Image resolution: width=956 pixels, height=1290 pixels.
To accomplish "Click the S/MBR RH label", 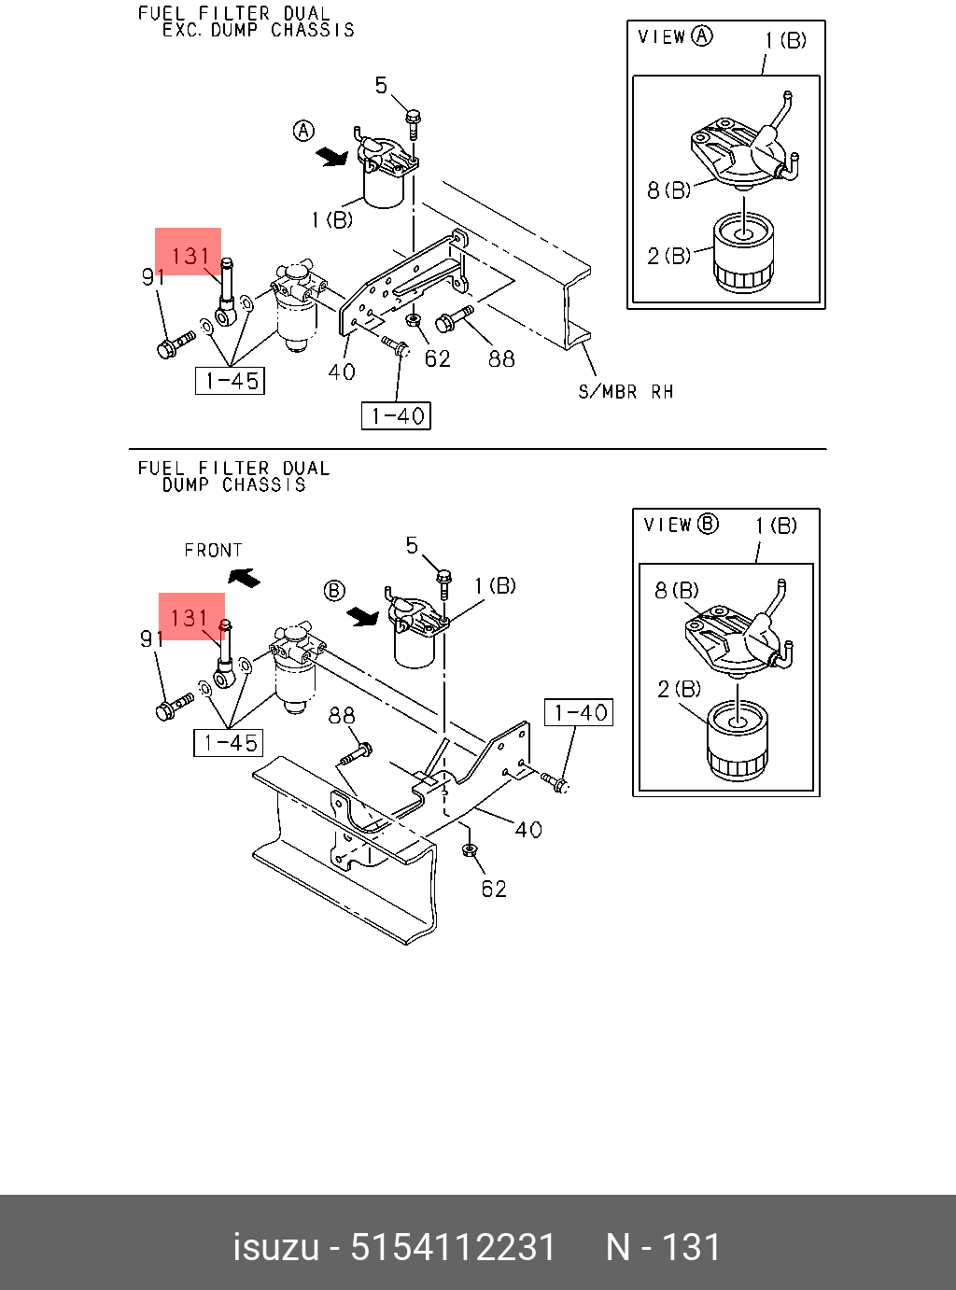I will (x=626, y=392).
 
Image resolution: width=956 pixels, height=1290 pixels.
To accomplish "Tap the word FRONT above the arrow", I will (x=213, y=551).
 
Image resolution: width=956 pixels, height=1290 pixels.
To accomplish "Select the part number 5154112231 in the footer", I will (x=453, y=1247).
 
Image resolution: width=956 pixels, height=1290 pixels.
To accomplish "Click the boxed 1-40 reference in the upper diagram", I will (x=396, y=416).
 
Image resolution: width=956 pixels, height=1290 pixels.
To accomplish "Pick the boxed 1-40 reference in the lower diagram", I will (x=579, y=713).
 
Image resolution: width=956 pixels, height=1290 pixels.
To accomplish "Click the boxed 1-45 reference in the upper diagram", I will (x=230, y=381).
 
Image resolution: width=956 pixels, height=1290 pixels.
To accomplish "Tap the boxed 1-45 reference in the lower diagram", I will (x=229, y=743).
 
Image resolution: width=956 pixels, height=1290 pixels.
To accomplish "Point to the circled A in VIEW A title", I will (x=702, y=36).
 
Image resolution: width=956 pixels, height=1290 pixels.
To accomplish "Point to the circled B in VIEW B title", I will (x=709, y=524).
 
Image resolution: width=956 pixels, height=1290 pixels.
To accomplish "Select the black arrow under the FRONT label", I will (x=245, y=578).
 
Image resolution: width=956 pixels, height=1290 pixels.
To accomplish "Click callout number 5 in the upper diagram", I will (x=381, y=86).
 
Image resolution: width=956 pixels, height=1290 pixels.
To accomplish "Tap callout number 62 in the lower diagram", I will (x=494, y=889).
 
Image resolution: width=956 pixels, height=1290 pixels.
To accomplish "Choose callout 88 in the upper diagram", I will (x=501, y=358).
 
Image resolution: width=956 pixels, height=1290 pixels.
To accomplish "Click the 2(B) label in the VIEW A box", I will (x=668, y=256).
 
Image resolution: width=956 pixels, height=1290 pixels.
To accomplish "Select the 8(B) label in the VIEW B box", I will (x=676, y=591).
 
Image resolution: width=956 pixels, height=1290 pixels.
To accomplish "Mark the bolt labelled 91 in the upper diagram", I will (x=173, y=346).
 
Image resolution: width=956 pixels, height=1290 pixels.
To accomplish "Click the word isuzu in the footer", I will (x=275, y=1247).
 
